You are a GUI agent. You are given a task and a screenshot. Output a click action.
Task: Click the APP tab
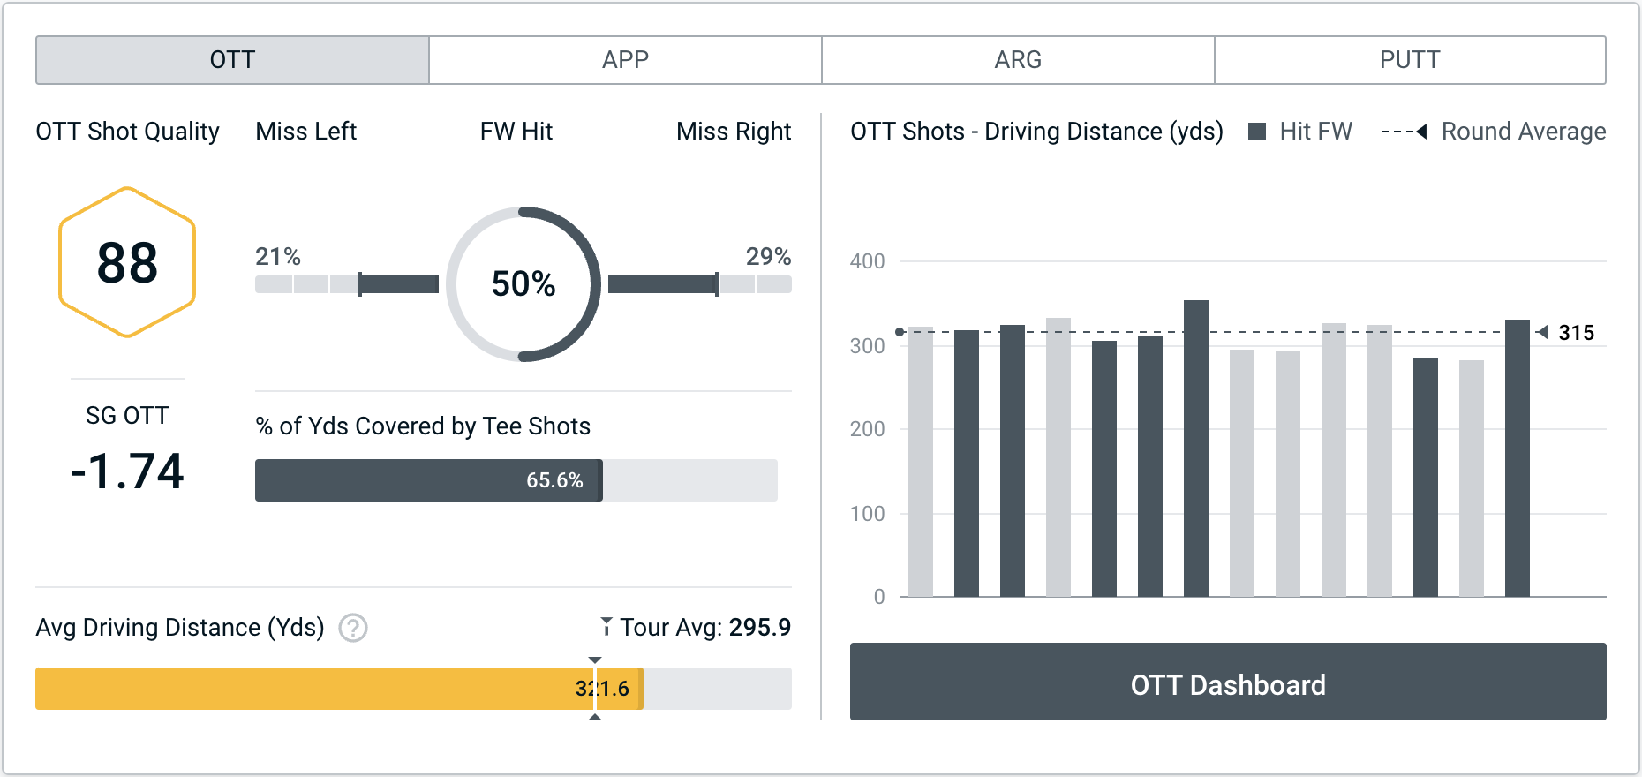(x=625, y=60)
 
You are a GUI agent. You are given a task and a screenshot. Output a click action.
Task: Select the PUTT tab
(x=1410, y=60)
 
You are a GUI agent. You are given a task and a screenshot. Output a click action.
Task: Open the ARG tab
(x=1018, y=60)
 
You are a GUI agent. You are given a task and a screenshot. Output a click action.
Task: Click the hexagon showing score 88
(x=127, y=262)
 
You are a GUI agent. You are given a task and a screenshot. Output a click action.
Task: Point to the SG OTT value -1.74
(x=127, y=471)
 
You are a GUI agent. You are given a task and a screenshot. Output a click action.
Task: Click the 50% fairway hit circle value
(x=523, y=283)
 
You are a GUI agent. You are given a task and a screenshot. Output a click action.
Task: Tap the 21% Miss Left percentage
(x=278, y=257)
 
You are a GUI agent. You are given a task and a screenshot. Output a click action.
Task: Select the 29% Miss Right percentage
(x=768, y=257)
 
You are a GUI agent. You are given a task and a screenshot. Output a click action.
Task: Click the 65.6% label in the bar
(x=554, y=480)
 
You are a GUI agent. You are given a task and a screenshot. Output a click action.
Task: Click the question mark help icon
(x=353, y=628)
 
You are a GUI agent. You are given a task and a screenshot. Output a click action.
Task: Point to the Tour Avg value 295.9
(x=759, y=628)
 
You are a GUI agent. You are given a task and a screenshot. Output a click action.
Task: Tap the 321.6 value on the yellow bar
(x=602, y=689)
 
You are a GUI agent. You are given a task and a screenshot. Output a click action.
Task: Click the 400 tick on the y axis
(x=867, y=261)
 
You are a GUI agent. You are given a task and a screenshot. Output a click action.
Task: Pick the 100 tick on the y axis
(x=867, y=514)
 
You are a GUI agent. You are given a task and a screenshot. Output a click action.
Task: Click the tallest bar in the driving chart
(x=1196, y=449)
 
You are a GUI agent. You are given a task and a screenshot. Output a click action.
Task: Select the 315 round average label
(x=1576, y=333)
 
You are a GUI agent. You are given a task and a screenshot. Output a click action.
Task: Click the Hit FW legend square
(x=1257, y=132)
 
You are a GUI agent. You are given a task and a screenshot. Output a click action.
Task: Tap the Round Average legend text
(x=1523, y=132)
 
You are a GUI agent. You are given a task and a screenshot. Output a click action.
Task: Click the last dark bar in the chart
(x=1518, y=458)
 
